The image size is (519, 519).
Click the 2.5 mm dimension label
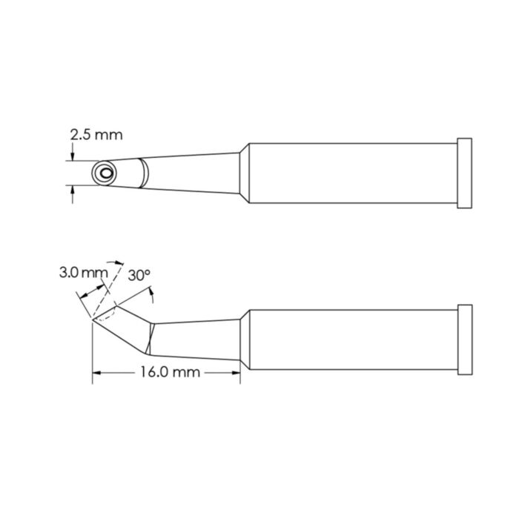[96, 135]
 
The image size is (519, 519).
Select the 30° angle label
[139, 275]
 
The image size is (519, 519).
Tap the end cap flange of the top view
[465, 173]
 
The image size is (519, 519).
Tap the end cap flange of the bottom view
[465, 339]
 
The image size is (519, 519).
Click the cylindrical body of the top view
[352, 173]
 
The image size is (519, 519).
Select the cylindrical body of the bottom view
[352, 339]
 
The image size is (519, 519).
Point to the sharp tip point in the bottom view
[92, 320]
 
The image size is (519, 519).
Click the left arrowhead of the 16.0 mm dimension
[97, 373]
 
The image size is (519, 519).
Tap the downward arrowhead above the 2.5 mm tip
[72, 157]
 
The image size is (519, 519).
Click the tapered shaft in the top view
[193, 173]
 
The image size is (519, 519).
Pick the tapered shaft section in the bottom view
[196, 338]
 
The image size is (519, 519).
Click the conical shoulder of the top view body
[242, 173]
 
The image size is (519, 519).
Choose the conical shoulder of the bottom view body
[243, 339]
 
